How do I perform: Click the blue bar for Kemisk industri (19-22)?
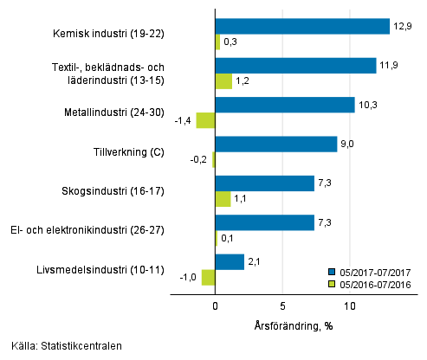pyautogui.click(x=301, y=27)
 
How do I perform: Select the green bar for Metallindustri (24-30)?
pyautogui.click(x=205, y=121)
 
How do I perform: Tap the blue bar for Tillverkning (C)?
pyautogui.click(x=275, y=145)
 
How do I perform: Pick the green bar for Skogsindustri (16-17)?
pyautogui.click(x=223, y=199)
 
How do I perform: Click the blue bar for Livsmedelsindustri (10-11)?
pyautogui.click(x=230, y=261)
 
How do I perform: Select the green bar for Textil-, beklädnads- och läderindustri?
pyautogui.click(x=223, y=82)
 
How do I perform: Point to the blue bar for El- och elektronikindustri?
pyautogui.click(x=264, y=222)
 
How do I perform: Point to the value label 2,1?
pyautogui.click(x=254, y=261)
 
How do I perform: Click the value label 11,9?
pyautogui.click(x=387, y=66)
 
